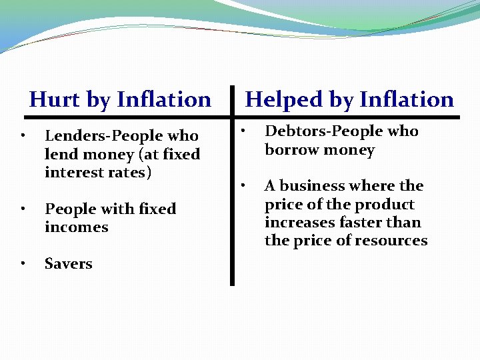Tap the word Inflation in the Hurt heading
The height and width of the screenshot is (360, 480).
pyautogui.click(x=163, y=100)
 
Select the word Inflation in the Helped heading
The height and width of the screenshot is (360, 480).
pyautogui.click(x=406, y=100)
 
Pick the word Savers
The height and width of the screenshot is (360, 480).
pyautogui.click(x=69, y=263)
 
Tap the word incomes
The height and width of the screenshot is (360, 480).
pyautogui.click(x=77, y=227)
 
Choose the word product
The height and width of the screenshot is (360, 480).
pyautogui.click(x=385, y=205)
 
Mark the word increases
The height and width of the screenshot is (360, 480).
pyautogui.click(x=297, y=223)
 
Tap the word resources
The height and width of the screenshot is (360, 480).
pyautogui.click(x=392, y=241)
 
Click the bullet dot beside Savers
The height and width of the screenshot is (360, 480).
pyautogui.click(x=23, y=264)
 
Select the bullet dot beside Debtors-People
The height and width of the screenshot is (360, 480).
pyautogui.click(x=244, y=129)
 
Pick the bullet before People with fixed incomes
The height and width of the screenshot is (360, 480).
pyautogui.click(x=23, y=209)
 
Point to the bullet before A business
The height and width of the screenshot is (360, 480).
pyautogui.click(x=244, y=184)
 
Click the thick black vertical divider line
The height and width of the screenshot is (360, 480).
pyautogui.click(x=232, y=200)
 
